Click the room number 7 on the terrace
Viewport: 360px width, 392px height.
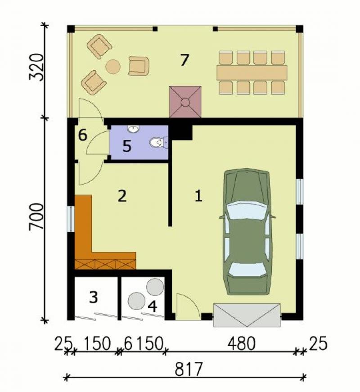point(184,60)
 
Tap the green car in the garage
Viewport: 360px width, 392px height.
point(247,232)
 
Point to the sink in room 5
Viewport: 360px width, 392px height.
point(133,129)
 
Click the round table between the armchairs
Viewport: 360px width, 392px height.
point(113,67)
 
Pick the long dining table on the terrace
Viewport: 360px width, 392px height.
point(252,73)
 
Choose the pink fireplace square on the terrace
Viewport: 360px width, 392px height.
point(185,102)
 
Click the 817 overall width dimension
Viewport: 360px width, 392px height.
point(188,370)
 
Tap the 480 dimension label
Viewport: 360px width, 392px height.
point(241,344)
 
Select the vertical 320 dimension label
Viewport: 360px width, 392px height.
point(37,67)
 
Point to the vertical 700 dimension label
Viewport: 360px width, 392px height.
point(37,216)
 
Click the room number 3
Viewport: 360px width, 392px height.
point(94,297)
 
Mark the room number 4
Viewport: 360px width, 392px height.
point(152,306)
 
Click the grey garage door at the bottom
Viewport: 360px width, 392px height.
point(247,315)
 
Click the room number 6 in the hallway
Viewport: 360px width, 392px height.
point(82,135)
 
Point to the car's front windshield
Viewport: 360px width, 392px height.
point(247,207)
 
